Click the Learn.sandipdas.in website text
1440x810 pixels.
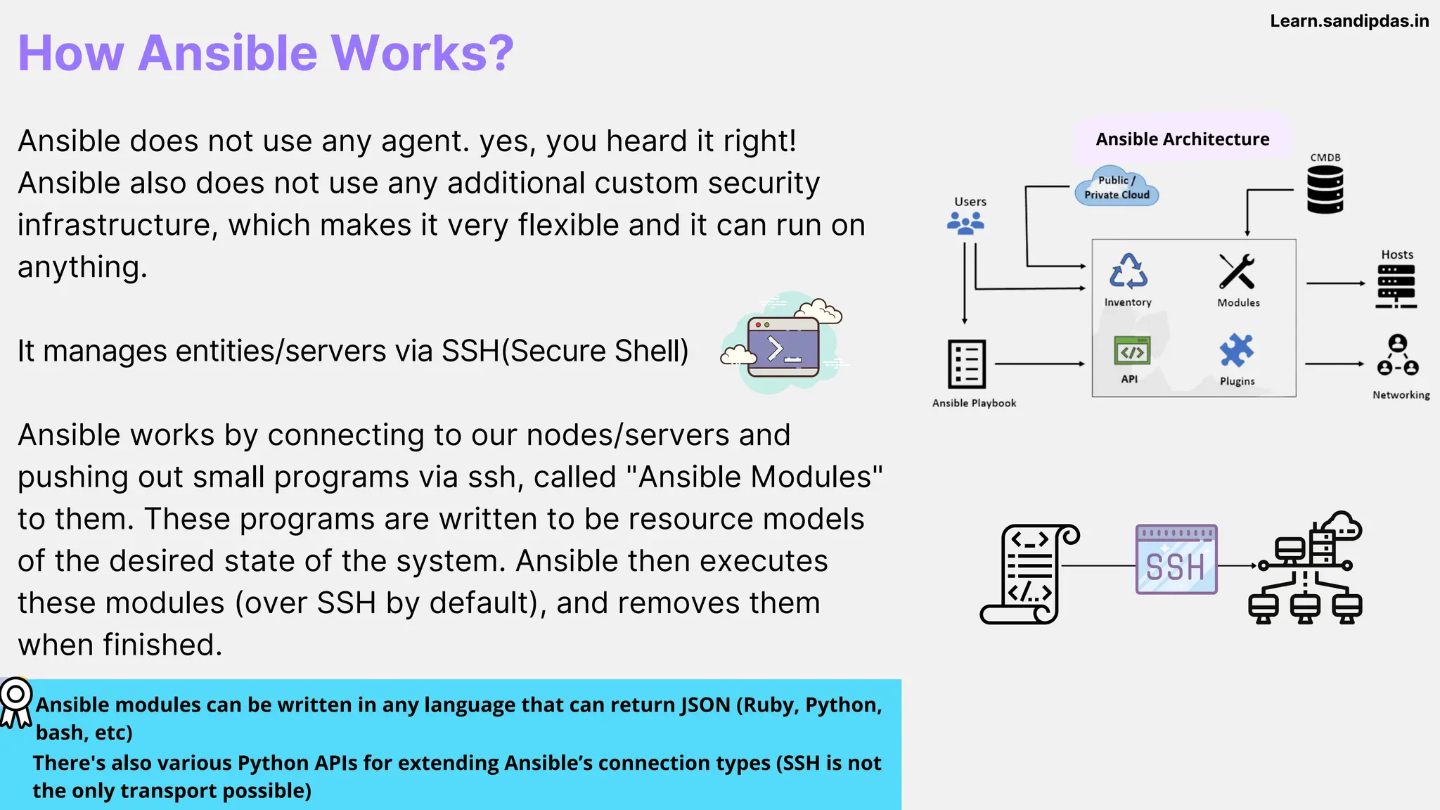coord(1349,21)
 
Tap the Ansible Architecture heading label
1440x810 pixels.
coord(1182,139)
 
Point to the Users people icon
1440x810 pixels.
coord(965,224)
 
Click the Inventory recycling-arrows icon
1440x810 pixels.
coord(1129,271)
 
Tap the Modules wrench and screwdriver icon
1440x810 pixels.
coord(1237,271)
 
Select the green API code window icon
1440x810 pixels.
coord(1131,351)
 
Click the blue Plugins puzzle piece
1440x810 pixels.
coord(1237,350)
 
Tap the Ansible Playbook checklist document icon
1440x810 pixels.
coord(967,364)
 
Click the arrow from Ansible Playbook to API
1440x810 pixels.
coord(1040,364)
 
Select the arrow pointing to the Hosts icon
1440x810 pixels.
coord(1335,283)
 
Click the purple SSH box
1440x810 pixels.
coord(1176,560)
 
